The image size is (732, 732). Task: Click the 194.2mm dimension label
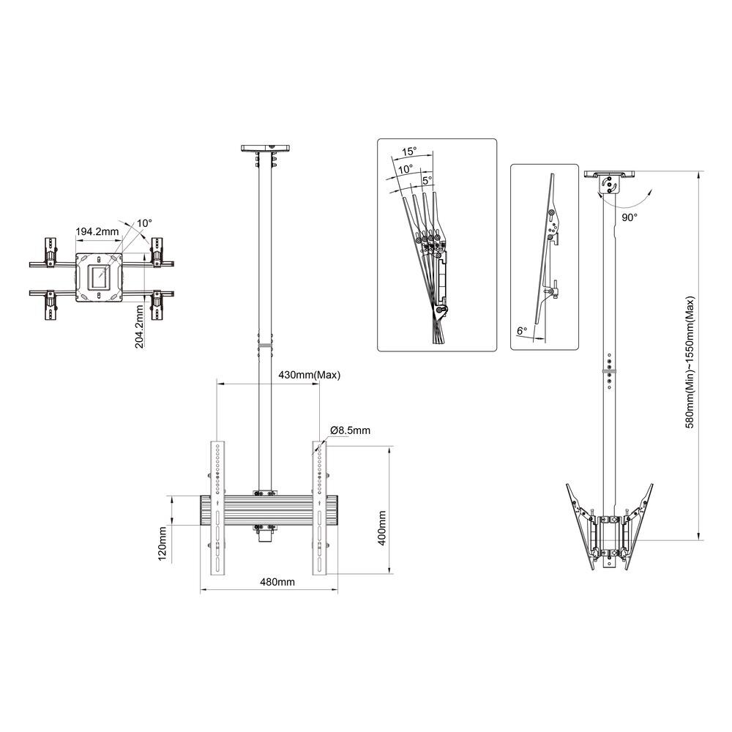coord(97,231)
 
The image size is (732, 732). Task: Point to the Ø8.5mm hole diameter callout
coord(350,431)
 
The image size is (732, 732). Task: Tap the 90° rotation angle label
coord(630,217)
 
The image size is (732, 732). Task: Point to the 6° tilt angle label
coord(522,332)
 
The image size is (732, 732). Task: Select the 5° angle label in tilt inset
coord(427,179)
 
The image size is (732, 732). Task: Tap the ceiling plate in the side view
coord(609,175)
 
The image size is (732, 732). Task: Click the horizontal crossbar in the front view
coord(271,511)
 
